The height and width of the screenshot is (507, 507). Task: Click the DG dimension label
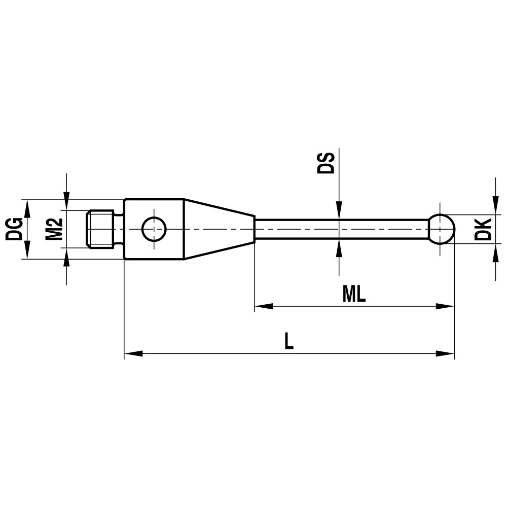point(14,229)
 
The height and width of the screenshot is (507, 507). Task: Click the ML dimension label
point(354,294)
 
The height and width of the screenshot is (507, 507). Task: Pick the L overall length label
point(288,341)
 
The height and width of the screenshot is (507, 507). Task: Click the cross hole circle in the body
point(154,229)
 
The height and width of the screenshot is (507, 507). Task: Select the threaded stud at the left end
point(99,229)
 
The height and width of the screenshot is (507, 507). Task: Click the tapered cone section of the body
point(218,229)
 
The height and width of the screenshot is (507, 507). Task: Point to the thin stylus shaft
point(340,229)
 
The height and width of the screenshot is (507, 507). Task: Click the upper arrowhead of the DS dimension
point(339,212)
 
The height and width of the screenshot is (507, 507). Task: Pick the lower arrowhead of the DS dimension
point(339,247)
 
